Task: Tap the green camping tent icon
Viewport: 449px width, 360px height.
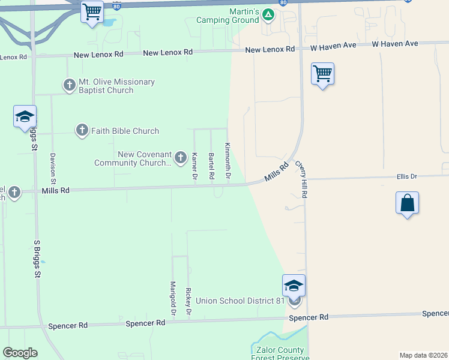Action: coord(268,15)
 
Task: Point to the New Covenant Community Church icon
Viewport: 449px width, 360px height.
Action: coord(180,158)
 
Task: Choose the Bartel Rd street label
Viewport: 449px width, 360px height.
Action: coord(211,166)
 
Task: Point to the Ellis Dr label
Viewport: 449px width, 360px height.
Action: coord(406,176)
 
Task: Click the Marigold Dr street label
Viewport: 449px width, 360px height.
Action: coord(172,298)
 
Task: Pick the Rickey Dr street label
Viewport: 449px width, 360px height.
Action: coord(188,302)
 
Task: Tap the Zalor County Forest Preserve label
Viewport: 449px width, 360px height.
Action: coord(280,354)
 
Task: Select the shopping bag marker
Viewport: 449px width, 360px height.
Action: coord(407,203)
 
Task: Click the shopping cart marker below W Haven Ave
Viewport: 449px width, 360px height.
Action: coord(322,74)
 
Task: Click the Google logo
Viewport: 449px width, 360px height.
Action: coord(20,353)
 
